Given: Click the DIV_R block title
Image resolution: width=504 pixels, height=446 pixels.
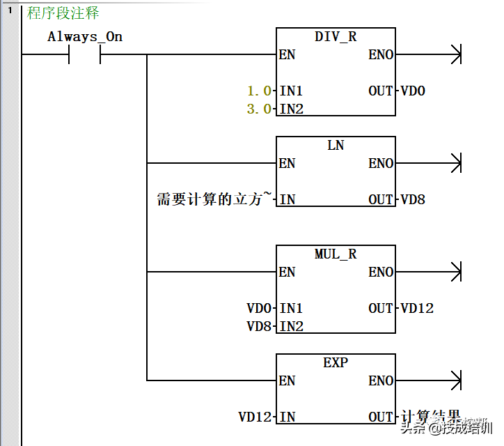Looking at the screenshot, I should (x=336, y=37).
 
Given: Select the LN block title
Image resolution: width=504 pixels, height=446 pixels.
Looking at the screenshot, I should (x=336, y=146).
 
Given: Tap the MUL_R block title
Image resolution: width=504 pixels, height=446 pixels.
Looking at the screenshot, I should (x=336, y=254).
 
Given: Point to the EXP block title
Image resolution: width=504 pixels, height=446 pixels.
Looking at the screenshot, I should (x=336, y=363).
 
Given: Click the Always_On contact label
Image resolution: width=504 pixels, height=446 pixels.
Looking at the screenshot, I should (x=85, y=37).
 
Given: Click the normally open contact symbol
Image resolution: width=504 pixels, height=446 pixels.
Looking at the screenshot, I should (x=85, y=55).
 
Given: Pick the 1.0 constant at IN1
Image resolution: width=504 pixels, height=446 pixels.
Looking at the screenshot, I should (x=260, y=91).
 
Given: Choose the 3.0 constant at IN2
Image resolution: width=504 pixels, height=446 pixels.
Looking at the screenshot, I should (x=260, y=109).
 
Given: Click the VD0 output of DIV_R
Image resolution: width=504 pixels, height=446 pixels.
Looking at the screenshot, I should (x=413, y=91).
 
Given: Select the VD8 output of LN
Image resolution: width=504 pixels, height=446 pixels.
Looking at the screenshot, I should (x=413, y=200).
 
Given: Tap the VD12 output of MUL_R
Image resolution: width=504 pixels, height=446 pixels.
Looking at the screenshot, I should (x=417, y=309).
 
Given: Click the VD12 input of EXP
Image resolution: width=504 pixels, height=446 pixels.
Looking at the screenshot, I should (x=255, y=417).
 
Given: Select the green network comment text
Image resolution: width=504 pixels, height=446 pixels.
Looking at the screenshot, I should (x=63, y=13).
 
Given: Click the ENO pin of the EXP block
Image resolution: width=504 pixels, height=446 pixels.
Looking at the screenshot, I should (x=381, y=381).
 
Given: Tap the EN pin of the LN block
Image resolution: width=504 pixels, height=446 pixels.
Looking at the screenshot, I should (x=287, y=164).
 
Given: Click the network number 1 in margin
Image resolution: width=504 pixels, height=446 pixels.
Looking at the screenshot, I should (x=10, y=10).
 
